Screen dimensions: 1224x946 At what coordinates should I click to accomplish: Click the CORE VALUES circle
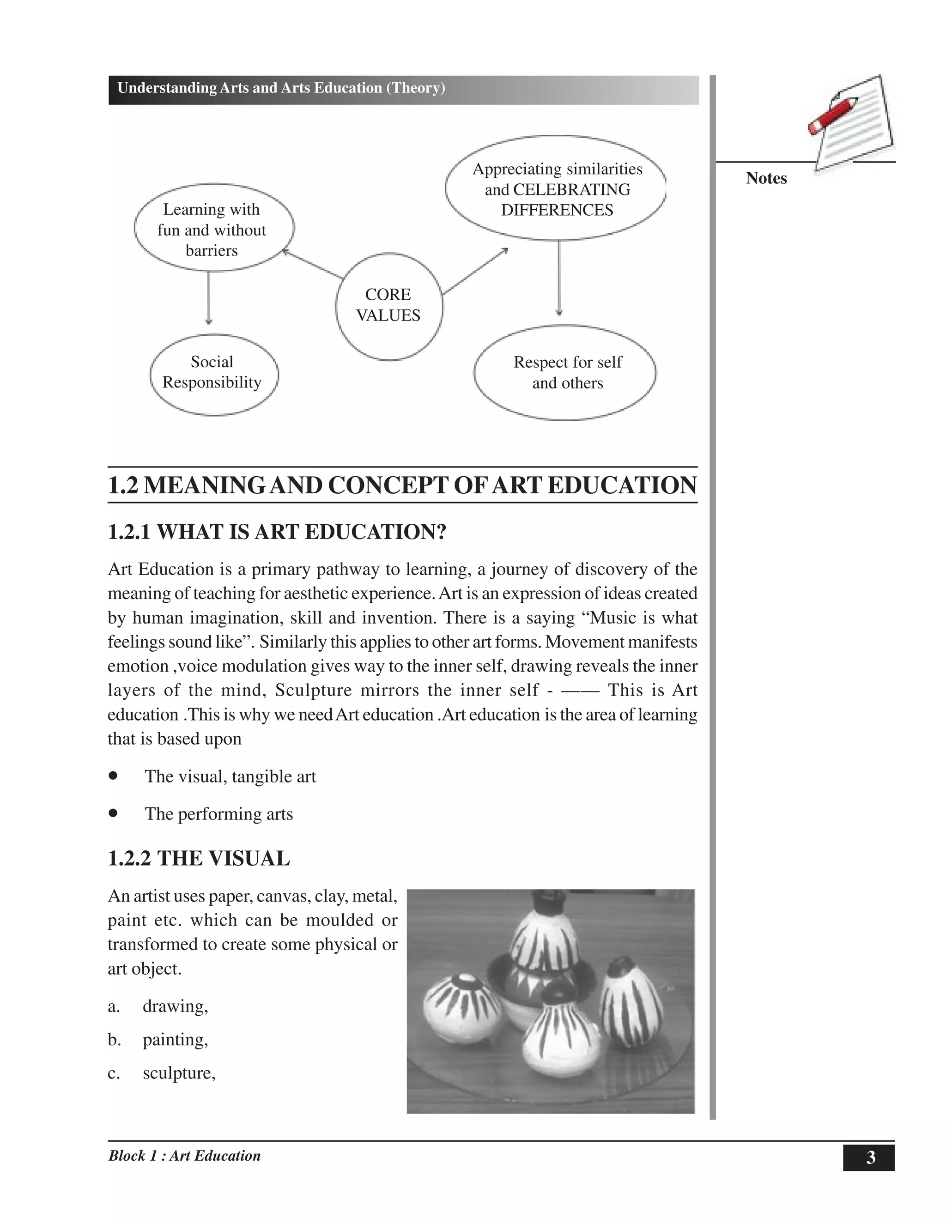[388, 305]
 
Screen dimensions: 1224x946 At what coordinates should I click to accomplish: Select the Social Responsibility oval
[213, 375]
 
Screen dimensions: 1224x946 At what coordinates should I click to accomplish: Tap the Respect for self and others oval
[565, 373]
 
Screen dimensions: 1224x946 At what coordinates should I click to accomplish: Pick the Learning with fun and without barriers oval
[213, 228]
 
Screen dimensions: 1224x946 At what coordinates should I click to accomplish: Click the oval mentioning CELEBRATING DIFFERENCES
[555, 188]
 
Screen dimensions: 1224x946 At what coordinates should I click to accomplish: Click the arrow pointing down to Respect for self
[559, 278]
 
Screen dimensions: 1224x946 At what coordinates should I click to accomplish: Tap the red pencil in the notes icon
[833, 115]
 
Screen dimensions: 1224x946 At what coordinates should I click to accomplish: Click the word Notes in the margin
[766, 178]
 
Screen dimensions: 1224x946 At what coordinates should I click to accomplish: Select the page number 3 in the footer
[869, 1157]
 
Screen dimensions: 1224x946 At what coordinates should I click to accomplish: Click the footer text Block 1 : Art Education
[184, 1156]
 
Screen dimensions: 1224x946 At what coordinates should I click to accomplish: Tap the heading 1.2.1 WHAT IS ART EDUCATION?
[277, 531]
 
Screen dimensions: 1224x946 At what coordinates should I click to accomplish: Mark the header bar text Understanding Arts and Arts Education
[281, 88]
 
